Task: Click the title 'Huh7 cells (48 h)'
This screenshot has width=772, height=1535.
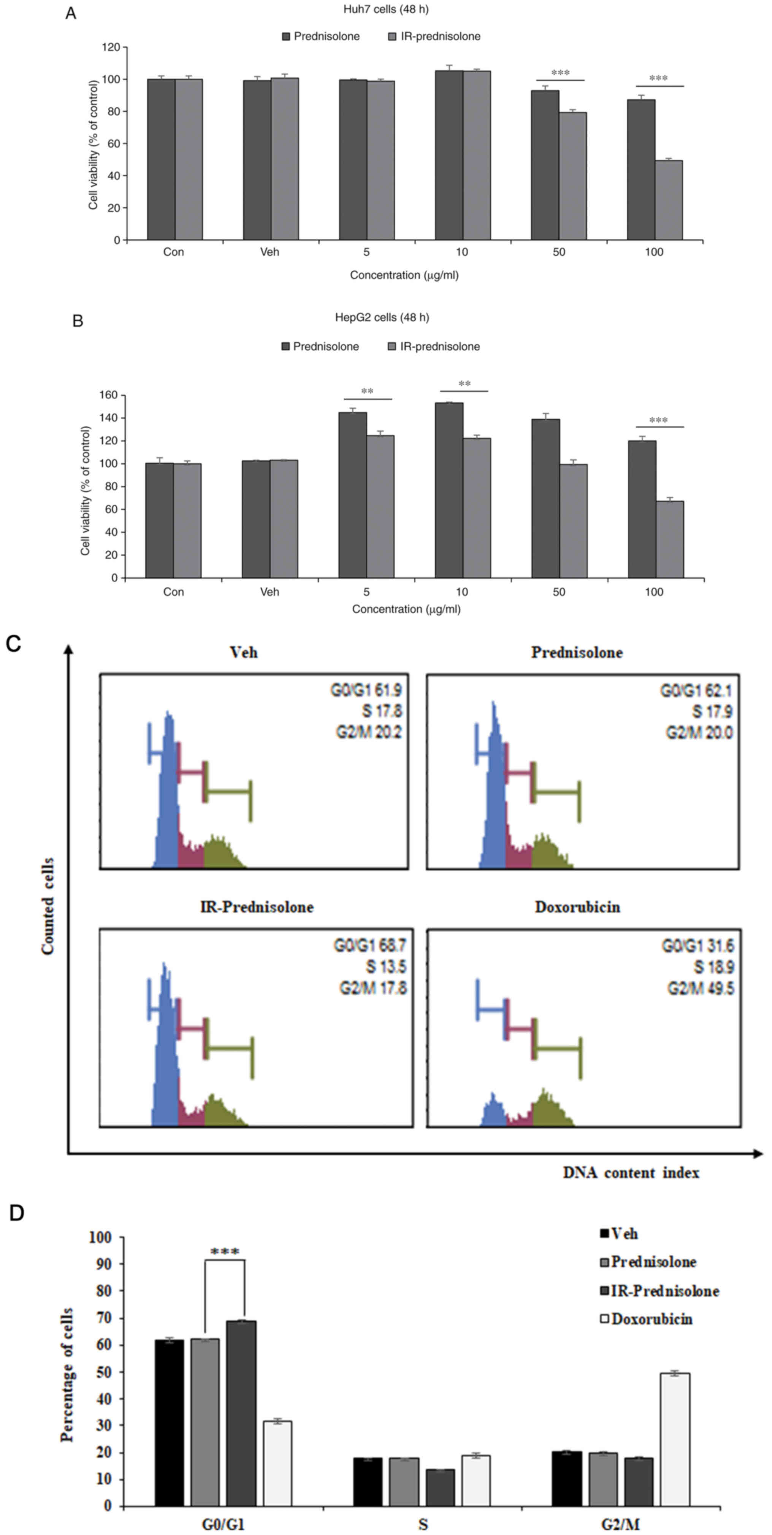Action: point(382,10)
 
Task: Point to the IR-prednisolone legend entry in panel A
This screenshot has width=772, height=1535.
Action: point(433,36)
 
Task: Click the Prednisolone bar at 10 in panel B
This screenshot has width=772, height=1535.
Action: point(449,490)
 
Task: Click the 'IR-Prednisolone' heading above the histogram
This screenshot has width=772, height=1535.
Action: point(257,907)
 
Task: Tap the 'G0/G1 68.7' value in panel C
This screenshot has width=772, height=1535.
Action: point(369,946)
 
